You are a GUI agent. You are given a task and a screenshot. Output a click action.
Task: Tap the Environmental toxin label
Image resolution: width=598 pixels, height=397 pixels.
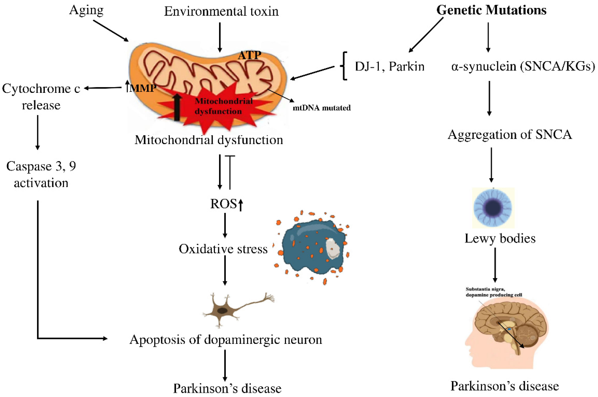(x=221, y=11)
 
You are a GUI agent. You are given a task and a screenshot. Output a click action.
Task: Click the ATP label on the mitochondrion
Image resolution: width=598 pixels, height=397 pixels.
(x=249, y=55)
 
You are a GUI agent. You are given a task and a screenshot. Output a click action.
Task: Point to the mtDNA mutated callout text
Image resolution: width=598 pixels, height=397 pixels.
(x=322, y=108)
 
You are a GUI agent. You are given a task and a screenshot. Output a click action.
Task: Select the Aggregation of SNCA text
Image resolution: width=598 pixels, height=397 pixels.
(x=510, y=134)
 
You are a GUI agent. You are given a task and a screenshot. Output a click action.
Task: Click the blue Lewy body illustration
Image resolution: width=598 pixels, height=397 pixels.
(x=493, y=208)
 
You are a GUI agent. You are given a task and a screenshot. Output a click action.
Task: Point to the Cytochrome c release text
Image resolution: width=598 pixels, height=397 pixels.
(x=41, y=97)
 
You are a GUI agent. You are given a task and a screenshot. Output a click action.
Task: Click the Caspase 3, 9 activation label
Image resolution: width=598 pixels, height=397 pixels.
(x=41, y=174)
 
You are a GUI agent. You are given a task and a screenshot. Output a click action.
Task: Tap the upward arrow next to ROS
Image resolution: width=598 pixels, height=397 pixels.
(x=240, y=205)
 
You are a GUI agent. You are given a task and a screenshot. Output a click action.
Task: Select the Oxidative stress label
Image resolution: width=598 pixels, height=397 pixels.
(x=223, y=249)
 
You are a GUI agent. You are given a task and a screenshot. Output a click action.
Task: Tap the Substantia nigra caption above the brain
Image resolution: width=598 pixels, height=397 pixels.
(x=493, y=292)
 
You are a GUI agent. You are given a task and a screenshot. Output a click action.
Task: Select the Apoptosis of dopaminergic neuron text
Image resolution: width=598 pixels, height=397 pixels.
(x=226, y=340)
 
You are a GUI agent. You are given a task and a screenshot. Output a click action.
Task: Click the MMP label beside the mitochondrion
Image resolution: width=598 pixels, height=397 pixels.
(x=143, y=88)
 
